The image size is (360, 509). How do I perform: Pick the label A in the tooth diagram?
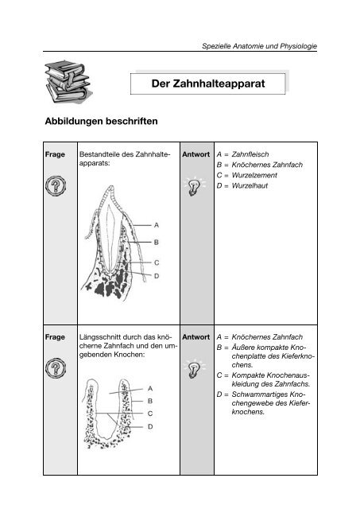(x=156, y=225)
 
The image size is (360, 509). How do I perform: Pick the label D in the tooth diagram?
(x=156, y=276)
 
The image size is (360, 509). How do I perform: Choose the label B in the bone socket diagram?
(x=150, y=401)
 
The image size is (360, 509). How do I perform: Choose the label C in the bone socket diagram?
(x=150, y=414)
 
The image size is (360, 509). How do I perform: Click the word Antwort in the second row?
(x=195, y=337)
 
